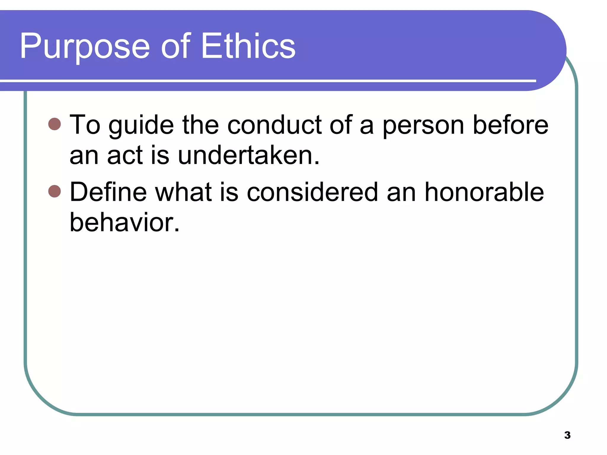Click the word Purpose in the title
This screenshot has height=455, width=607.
coord(85,47)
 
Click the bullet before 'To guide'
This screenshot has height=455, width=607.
coord(55,124)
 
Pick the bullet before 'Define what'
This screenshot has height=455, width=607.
coord(55,191)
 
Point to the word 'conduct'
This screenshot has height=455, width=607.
coord(274,125)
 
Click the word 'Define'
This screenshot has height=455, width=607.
coord(108,192)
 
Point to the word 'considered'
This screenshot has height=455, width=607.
coord(312,192)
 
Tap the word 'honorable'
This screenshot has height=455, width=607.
coord(484,192)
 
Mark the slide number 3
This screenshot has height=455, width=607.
coord(567,435)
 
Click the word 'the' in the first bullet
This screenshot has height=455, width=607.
coord(200,125)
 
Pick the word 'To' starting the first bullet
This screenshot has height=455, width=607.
coord(85,125)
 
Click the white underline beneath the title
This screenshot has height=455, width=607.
coord(267,81)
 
